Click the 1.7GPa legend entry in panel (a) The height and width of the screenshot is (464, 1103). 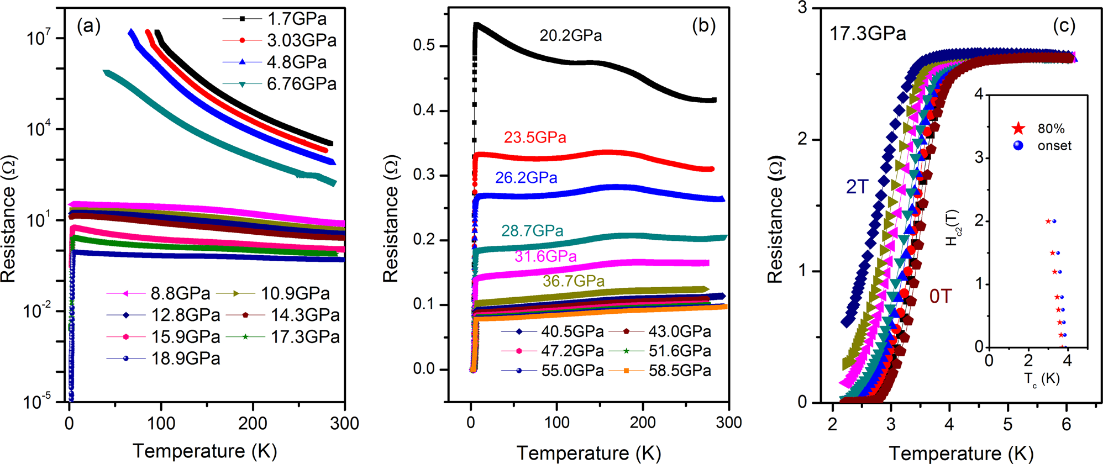pos(297,19)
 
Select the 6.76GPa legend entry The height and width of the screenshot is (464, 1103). pos(301,84)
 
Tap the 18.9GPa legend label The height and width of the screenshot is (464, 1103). pos(186,358)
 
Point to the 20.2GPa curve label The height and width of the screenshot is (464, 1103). pos(570,36)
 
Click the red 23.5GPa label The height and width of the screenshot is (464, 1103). pos(534,138)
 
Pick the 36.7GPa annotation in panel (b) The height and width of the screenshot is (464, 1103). pos(573,281)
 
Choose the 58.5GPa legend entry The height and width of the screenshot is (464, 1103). pos(679,371)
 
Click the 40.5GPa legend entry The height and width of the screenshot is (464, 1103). pos(572,331)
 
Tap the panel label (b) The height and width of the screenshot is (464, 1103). pos(703,26)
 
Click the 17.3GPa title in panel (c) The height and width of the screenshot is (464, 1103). pos(868,34)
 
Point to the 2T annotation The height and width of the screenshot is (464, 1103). pos(858,187)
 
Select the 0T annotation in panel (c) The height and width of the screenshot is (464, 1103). pos(940,297)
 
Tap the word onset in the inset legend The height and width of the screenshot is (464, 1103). pos(1054,146)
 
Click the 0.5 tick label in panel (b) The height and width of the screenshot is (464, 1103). pos(424,46)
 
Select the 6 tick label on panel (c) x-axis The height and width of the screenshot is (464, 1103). pos(1066,424)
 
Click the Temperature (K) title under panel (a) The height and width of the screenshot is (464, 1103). pos(204,451)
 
